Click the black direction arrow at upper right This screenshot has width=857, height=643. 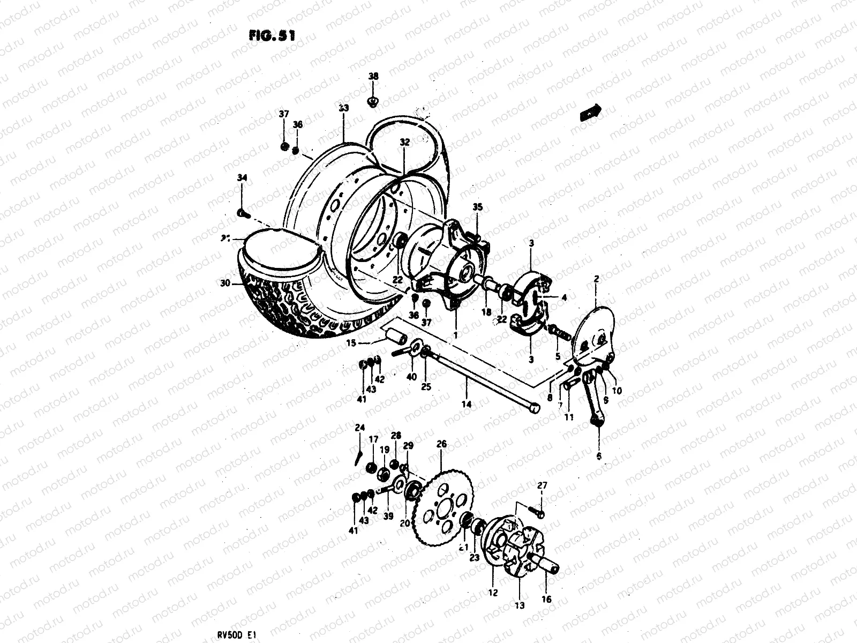pos(590,113)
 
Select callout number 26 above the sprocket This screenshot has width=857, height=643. pos(441,444)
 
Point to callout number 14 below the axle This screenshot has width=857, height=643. pos(467,405)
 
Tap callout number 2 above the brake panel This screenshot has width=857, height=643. pos(596,279)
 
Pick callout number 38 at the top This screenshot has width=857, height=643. pos(373,77)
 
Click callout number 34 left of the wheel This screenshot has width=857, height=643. pos(242,178)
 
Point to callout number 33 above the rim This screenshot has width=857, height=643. pos(343,108)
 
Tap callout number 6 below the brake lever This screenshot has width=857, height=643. pos(599,455)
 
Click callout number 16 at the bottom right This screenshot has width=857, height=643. pos(546,600)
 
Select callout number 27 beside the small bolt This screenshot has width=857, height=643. pos(542,485)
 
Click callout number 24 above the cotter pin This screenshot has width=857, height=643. pos(359,427)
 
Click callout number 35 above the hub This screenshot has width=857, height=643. pos(477,207)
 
